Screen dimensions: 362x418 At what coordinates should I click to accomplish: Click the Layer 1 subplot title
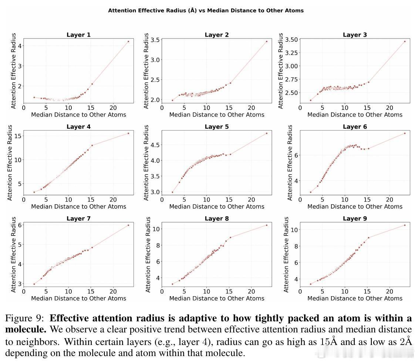coord(78,35)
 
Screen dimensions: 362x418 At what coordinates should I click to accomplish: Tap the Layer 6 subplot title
coord(355,127)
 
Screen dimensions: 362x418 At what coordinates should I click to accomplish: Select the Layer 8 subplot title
coord(217,219)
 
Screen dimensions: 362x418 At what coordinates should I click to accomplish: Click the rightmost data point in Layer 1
coord(128,41)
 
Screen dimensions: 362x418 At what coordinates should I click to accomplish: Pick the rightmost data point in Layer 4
coord(128,133)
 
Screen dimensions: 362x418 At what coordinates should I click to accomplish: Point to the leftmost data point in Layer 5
coord(172,192)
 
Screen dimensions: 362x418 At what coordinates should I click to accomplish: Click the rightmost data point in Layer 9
coord(405,225)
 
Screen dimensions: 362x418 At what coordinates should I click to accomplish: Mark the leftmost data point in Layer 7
coord(34,284)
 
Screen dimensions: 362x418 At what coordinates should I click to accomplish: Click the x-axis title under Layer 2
coord(217,115)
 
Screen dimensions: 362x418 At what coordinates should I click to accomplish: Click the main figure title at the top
coord(206,11)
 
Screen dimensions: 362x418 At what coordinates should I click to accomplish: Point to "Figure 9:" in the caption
coord(25,318)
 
